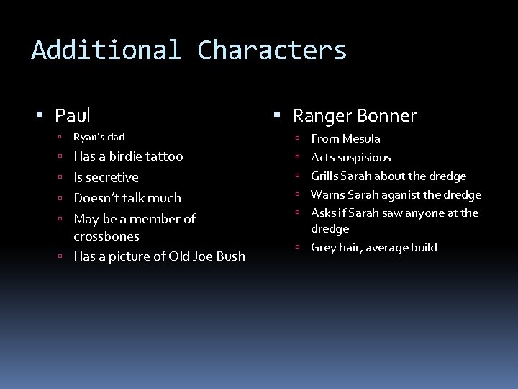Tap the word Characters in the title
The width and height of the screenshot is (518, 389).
pyautogui.click(x=272, y=50)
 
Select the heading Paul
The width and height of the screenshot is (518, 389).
pyautogui.click(x=73, y=115)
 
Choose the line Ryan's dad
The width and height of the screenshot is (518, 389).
pyautogui.click(x=99, y=137)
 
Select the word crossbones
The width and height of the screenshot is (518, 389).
pyautogui.click(x=106, y=236)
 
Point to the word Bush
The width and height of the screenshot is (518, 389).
pyautogui.click(x=230, y=256)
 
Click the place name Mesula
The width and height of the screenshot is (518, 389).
pyautogui.click(x=361, y=139)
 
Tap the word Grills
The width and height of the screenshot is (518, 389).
pyautogui.click(x=327, y=176)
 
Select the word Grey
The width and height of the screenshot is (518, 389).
pyautogui.click(x=323, y=248)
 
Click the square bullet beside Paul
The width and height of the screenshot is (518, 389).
pyautogui.click(x=40, y=116)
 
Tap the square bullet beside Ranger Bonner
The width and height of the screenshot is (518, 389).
pyautogui.click(x=277, y=116)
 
